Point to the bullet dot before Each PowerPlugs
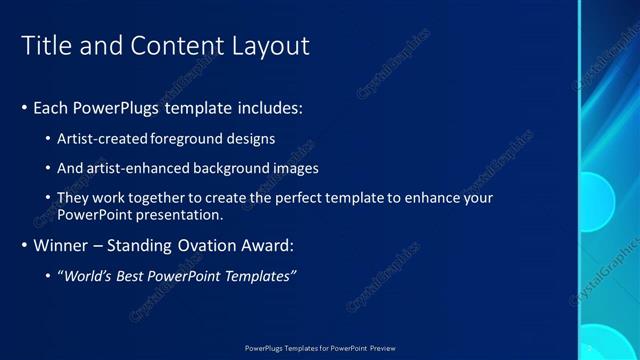[24, 107]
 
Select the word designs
[251, 139]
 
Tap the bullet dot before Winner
[24, 245]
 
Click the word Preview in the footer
[382, 348]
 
